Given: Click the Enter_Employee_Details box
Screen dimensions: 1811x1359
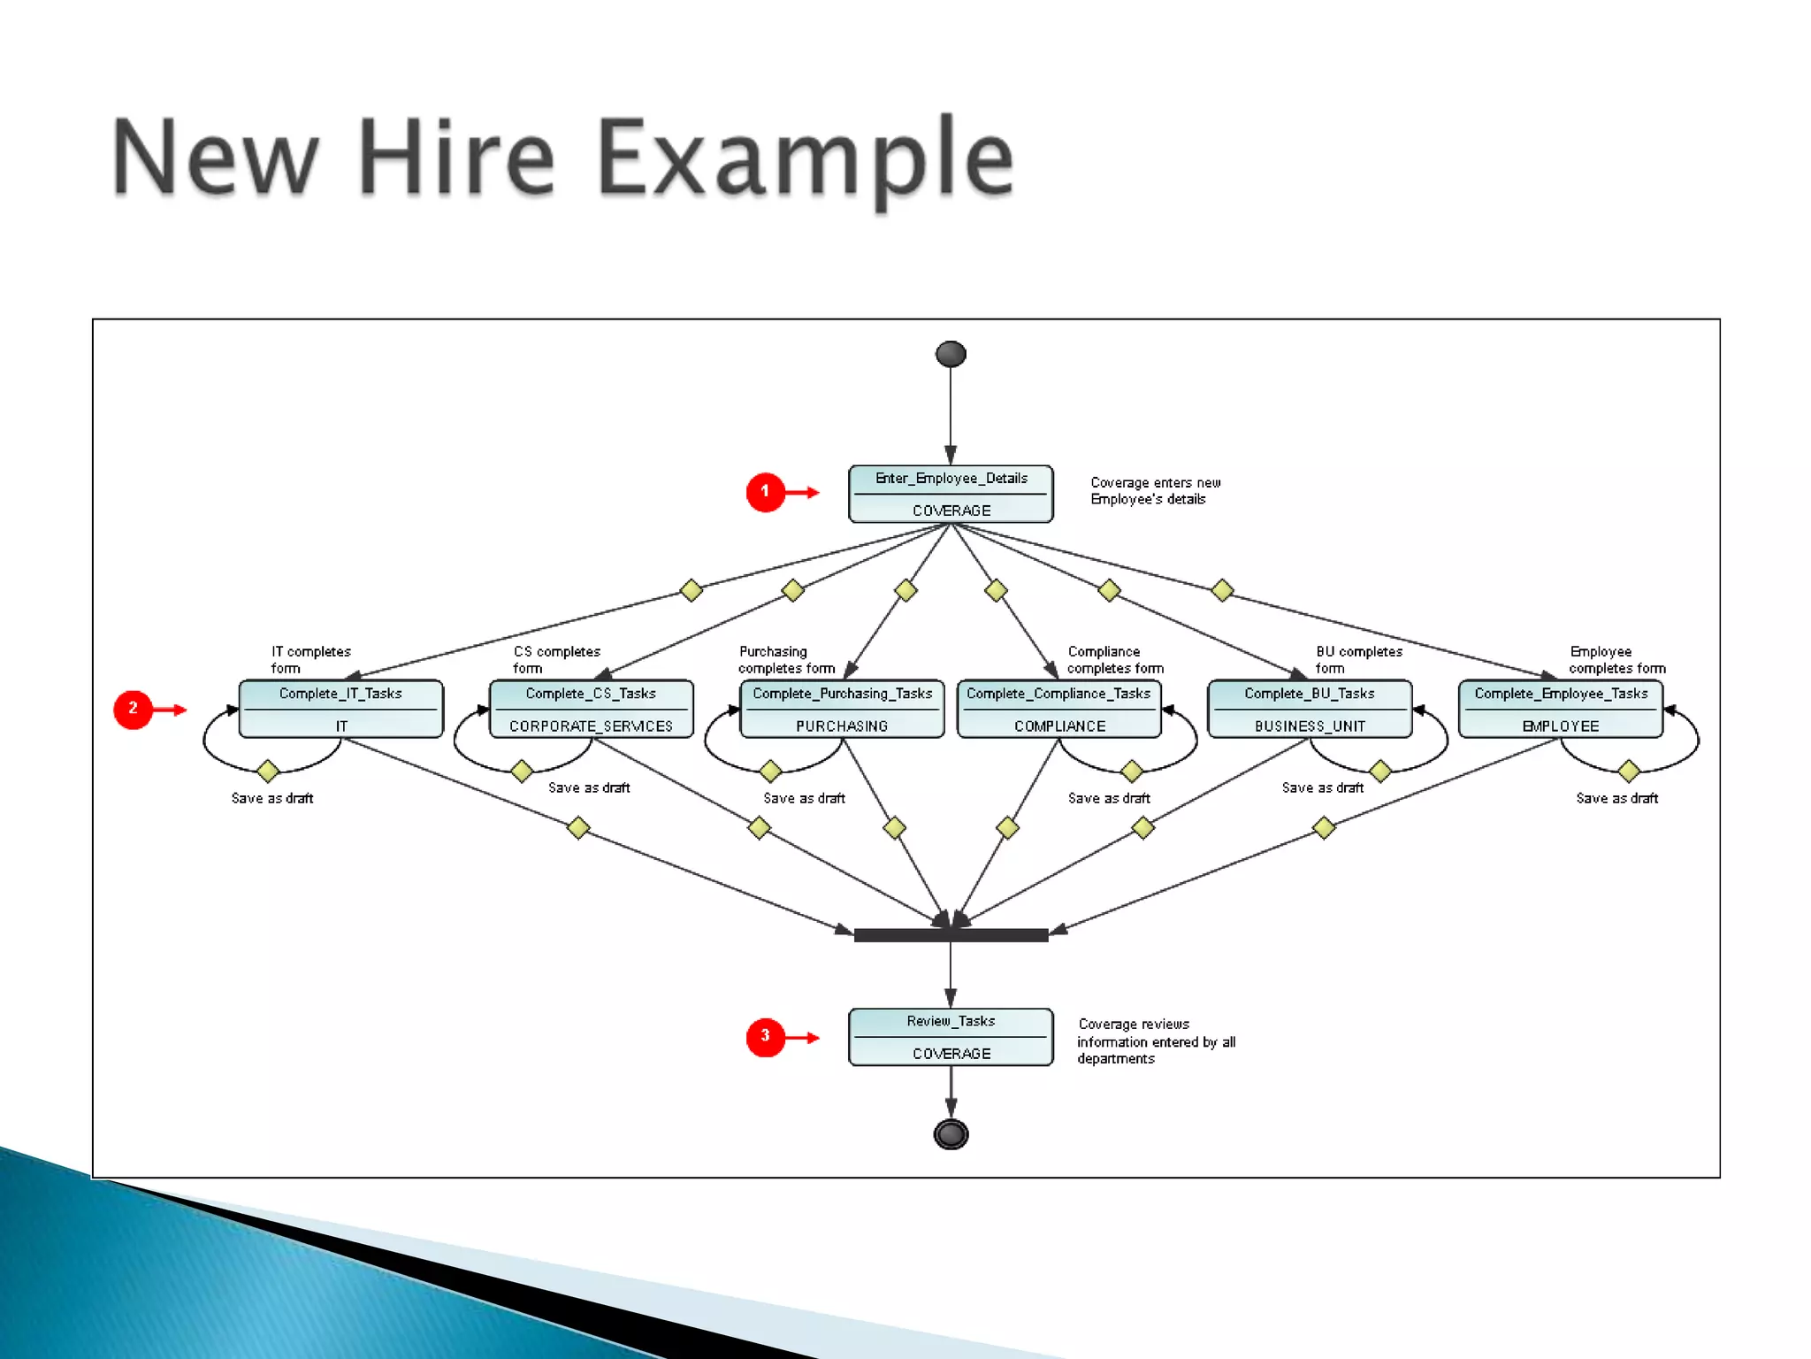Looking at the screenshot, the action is click(x=951, y=494).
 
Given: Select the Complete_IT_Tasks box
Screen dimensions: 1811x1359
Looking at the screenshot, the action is click(x=340, y=709).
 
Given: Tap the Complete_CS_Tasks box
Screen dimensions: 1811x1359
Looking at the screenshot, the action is click(x=591, y=709).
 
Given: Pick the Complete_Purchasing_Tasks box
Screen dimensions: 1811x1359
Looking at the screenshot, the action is click(x=842, y=709).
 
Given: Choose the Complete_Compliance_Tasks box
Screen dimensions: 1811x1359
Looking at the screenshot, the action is click(x=1058, y=709).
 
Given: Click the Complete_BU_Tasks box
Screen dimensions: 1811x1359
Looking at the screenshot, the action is click(x=1310, y=709).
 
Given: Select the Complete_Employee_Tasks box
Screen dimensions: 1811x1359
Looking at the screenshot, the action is click(x=1561, y=709).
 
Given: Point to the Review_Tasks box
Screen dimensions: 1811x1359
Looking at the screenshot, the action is click(x=951, y=1037).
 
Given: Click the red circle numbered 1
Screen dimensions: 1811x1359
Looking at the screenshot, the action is click(x=766, y=492).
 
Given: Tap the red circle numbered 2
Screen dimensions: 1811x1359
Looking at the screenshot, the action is click(x=134, y=710).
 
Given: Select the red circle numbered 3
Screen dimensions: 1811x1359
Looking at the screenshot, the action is click(x=766, y=1037).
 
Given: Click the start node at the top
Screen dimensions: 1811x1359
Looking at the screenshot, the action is click(x=951, y=355).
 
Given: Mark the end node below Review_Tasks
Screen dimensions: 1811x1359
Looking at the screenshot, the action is click(x=951, y=1134).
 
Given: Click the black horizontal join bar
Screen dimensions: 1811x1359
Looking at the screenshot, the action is click(x=951, y=935).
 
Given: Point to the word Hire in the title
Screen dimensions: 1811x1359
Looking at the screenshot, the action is click(x=456, y=159).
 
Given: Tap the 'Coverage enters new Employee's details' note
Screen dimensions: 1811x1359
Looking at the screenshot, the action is click(x=1155, y=491).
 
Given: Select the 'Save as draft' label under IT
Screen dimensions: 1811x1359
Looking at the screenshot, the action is click(x=272, y=798).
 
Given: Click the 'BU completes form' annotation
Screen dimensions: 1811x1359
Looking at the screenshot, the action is click(x=1357, y=660).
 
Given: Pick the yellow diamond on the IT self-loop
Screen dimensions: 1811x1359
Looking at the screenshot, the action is click(x=268, y=772).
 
